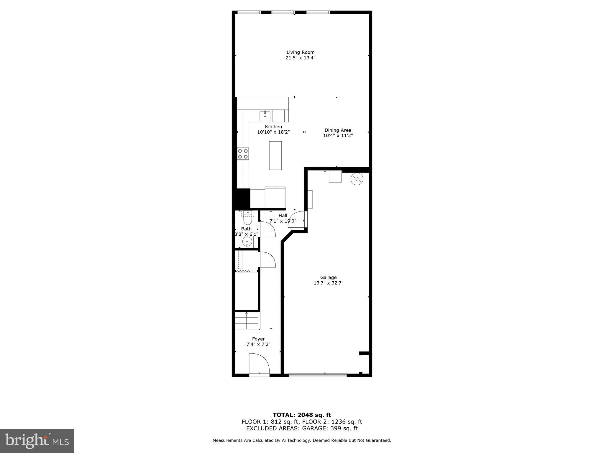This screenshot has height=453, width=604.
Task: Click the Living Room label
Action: (x=300, y=52)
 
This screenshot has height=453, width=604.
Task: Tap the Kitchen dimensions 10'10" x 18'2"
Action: (x=273, y=132)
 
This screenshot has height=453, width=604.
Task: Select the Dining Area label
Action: (x=338, y=130)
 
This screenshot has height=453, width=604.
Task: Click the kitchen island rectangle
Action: (x=275, y=155)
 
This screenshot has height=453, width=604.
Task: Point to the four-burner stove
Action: (x=243, y=154)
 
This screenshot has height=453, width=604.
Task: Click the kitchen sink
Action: (x=265, y=116)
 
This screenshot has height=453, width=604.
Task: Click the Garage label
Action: (x=328, y=277)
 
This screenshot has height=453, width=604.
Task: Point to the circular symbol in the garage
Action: (x=357, y=179)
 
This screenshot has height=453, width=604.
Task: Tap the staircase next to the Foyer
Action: (x=247, y=321)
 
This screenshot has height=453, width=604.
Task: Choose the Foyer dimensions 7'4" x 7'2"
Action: (x=258, y=344)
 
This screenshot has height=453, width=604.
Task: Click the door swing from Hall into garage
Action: (x=296, y=219)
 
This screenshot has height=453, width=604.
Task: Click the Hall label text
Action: (x=283, y=216)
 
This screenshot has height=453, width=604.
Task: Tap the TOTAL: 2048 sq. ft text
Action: (x=302, y=415)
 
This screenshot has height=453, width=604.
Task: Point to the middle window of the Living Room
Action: (x=283, y=12)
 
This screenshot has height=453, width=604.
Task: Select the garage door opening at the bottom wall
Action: (x=318, y=375)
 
